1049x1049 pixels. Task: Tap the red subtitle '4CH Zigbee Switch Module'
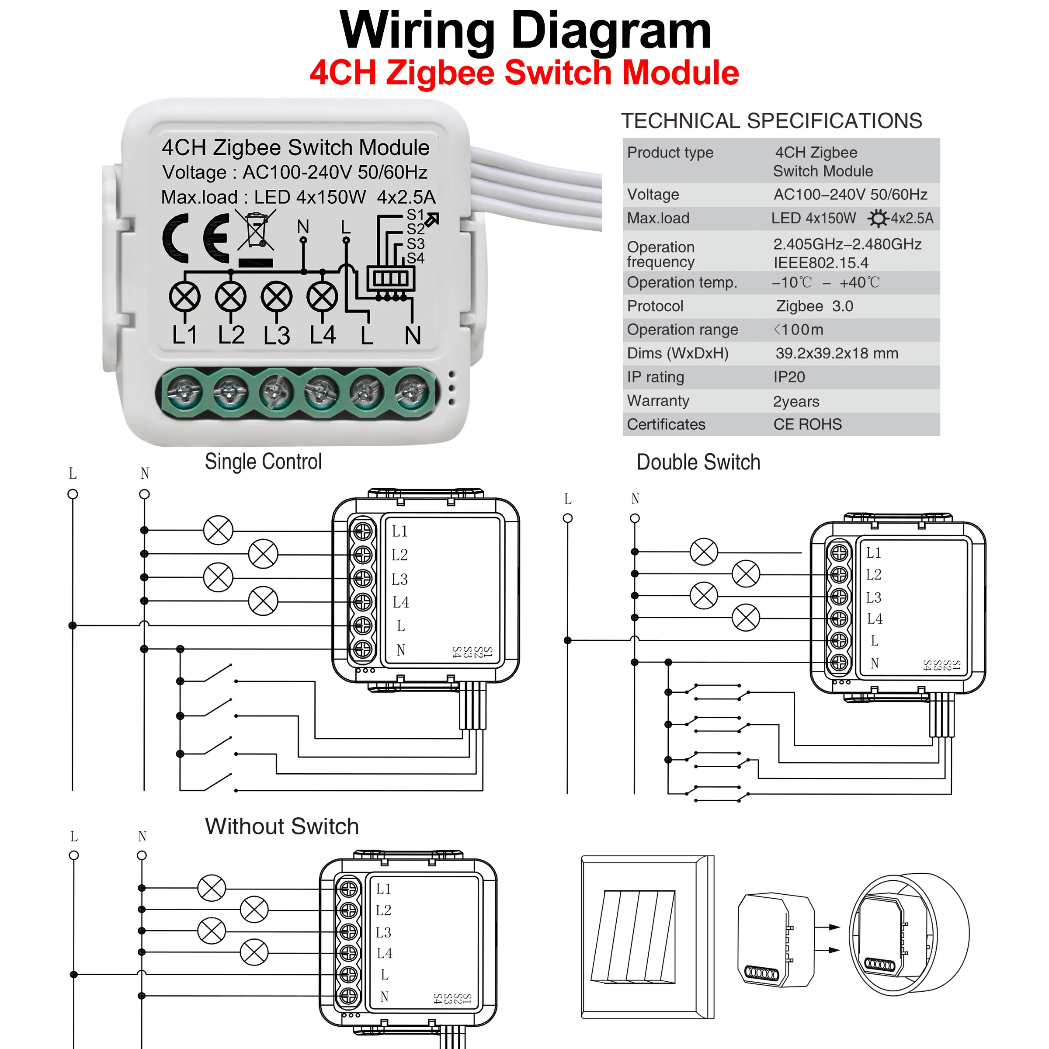point(524,73)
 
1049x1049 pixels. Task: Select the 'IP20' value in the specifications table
point(789,377)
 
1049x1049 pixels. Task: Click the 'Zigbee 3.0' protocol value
point(814,306)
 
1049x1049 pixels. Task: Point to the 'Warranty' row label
point(658,401)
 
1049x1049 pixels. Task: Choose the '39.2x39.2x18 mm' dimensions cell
point(836,354)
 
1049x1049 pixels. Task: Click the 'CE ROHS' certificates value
point(807,424)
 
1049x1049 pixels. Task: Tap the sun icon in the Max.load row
point(877,218)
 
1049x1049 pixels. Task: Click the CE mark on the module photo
point(196,238)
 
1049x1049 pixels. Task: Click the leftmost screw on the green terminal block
point(184,392)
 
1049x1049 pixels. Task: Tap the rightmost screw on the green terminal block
point(411,392)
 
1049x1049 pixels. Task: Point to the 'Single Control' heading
point(263,462)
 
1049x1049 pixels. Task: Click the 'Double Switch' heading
point(698,462)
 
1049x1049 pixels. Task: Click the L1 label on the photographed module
point(184,335)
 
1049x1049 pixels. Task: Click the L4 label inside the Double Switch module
point(874,618)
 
